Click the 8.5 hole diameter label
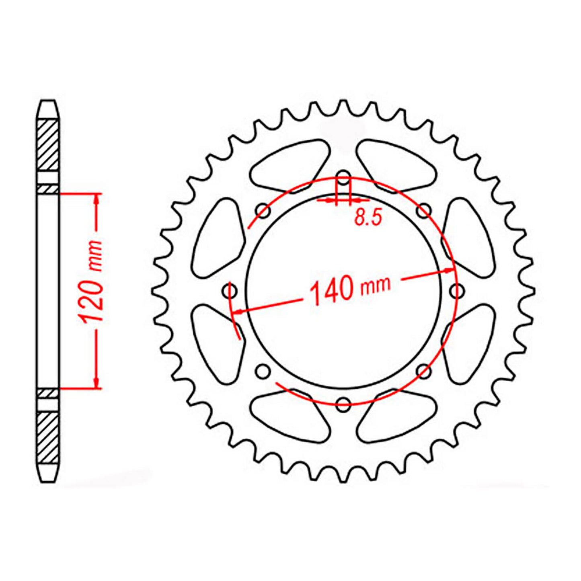click(x=367, y=218)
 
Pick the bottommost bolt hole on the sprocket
click(x=343, y=404)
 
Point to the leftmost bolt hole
click(x=230, y=290)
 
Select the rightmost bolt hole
click(x=457, y=290)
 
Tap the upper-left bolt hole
click(x=263, y=210)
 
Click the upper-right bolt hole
click(x=424, y=210)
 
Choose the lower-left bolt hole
click(x=263, y=371)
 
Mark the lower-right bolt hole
click(x=424, y=371)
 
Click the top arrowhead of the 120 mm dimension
click(x=96, y=199)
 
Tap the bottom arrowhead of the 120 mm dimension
click(x=96, y=383)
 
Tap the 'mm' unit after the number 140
click(x=376, y=285)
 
